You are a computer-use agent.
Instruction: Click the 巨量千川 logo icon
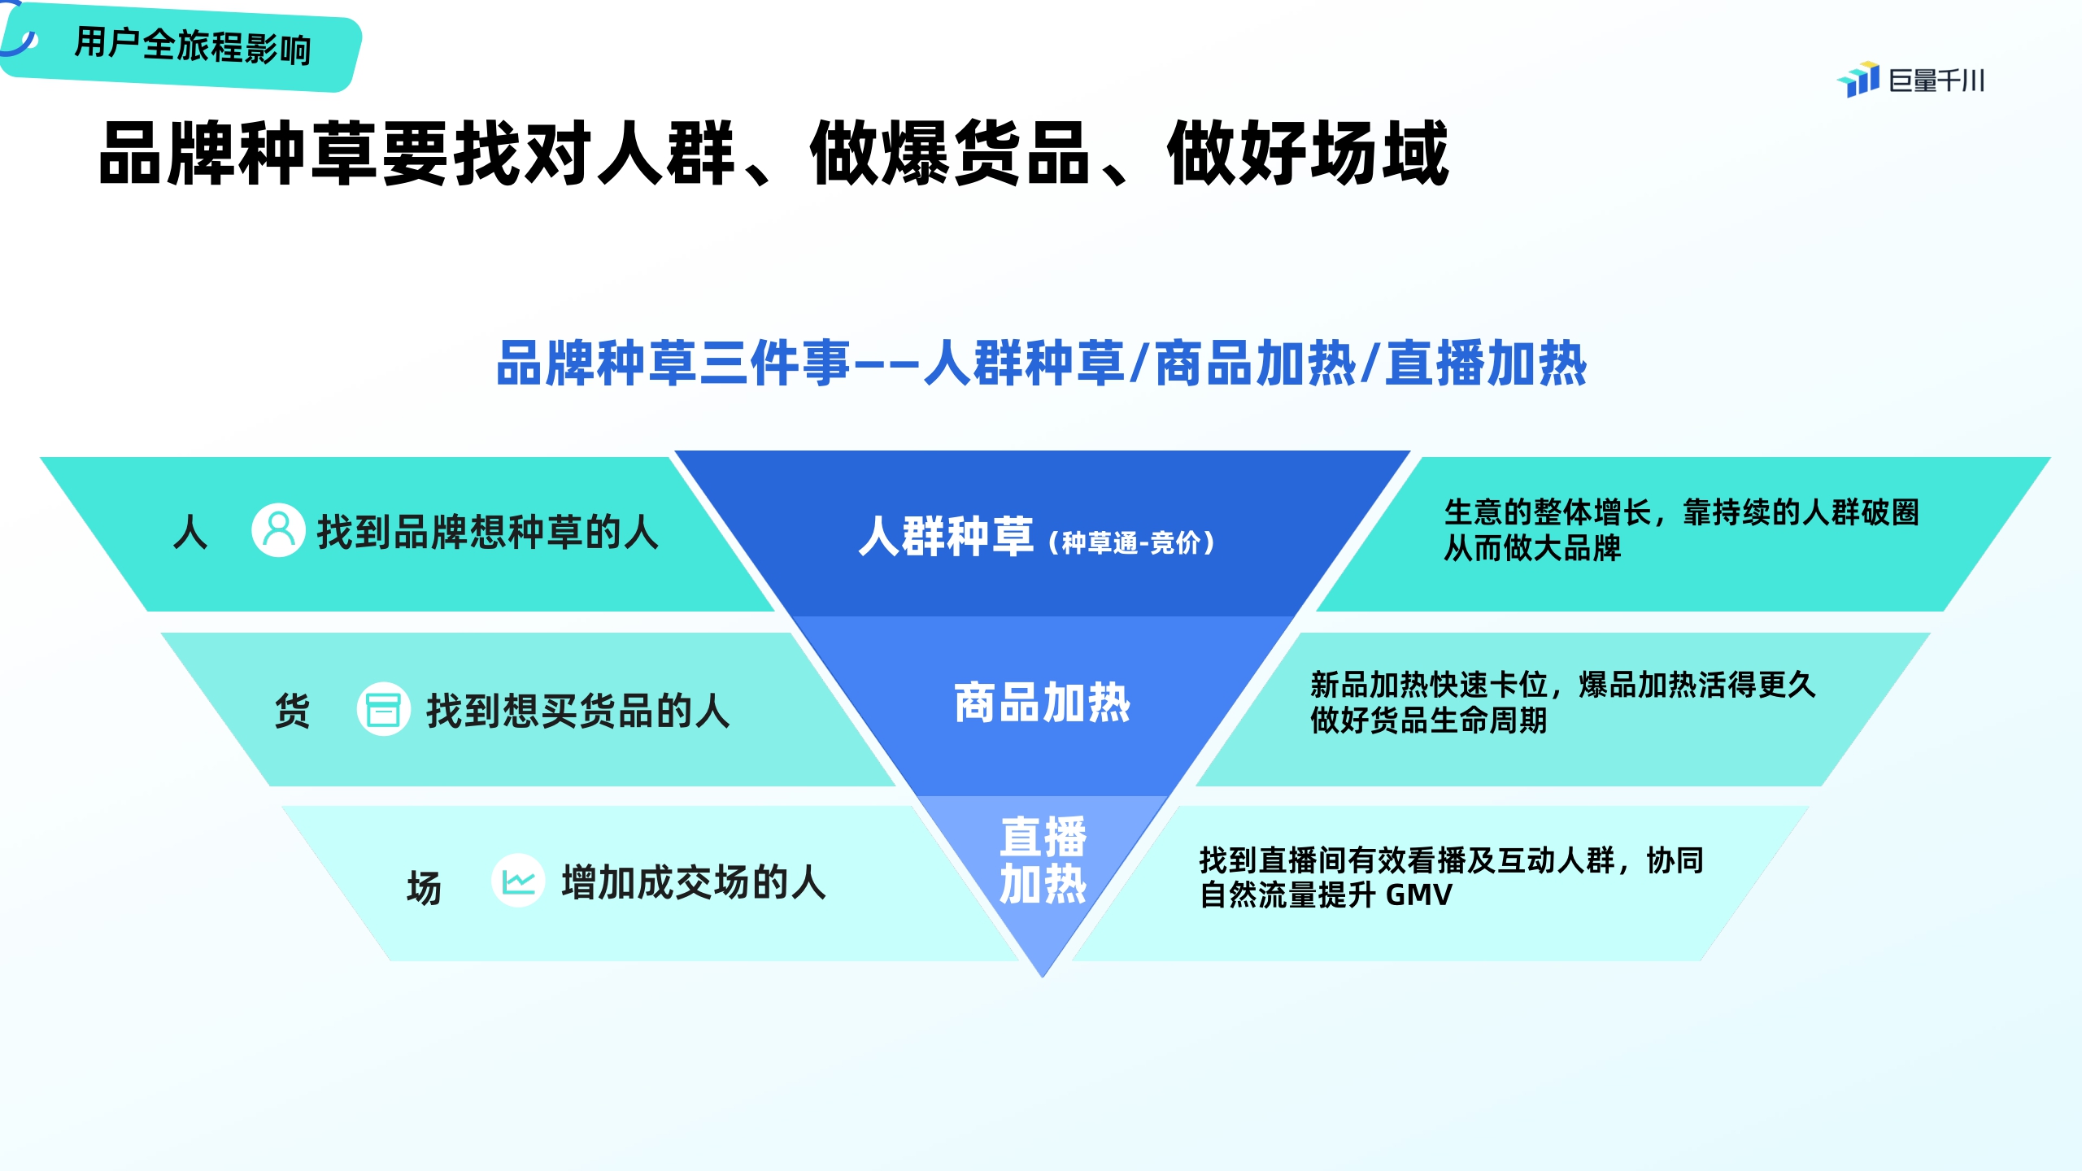1858,80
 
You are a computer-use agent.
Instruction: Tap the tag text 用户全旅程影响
193,46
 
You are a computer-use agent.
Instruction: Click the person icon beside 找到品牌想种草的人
278,530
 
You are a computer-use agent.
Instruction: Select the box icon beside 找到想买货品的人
383,709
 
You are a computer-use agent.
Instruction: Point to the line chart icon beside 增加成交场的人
518,881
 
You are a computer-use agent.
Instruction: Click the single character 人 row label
190,533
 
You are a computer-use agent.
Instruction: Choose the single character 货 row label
293,711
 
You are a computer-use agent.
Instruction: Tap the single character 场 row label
424,887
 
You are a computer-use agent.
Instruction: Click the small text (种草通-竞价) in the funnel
1131,542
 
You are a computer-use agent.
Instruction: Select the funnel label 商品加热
1042,703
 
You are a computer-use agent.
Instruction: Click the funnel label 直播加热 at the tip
1043,860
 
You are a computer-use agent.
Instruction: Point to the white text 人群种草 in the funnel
946,537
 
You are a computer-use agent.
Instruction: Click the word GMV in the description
1418,895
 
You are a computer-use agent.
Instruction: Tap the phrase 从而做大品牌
1532,548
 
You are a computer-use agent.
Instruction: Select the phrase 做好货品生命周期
1428,720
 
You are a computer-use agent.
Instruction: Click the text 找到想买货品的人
578,711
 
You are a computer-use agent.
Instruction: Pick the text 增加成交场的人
694,882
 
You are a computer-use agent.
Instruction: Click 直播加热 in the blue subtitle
1486,363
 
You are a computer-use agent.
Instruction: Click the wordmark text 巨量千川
1936,81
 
